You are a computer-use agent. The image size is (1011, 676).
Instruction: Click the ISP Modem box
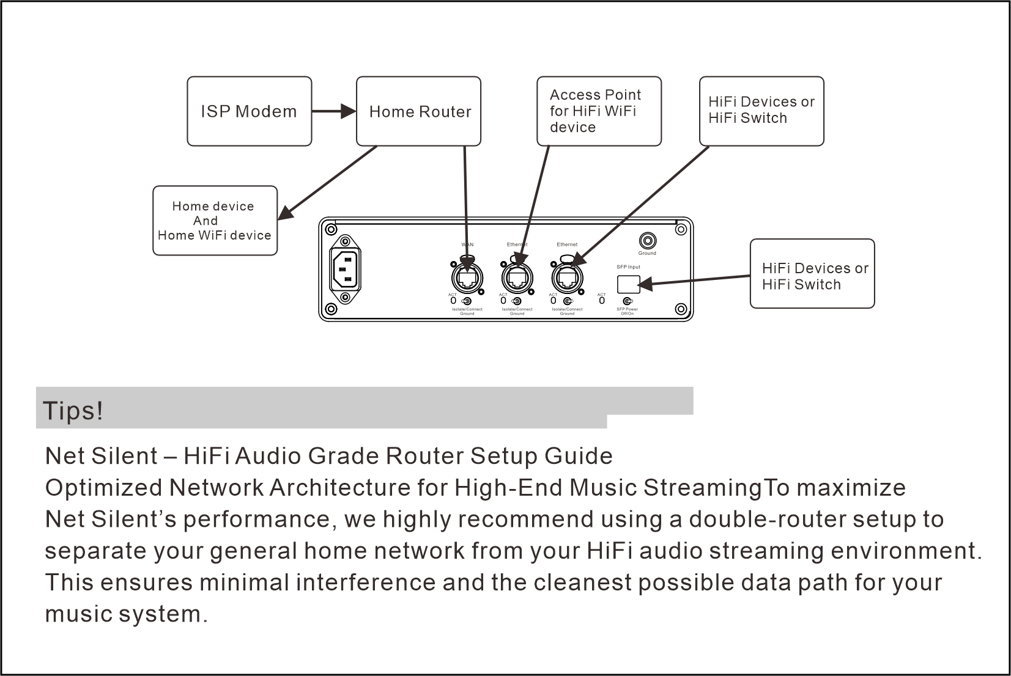249,111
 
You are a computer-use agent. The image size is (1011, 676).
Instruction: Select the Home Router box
418,111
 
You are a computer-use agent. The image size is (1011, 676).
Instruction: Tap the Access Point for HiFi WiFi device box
599,111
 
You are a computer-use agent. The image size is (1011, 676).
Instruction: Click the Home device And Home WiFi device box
215,221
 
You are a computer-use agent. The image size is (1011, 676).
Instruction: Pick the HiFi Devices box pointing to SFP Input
812,274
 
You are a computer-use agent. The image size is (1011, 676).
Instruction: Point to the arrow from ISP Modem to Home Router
334,111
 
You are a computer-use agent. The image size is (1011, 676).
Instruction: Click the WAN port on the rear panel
467,279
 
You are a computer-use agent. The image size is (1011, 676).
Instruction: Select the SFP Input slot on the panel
629,284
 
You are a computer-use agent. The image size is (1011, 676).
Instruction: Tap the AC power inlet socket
346,269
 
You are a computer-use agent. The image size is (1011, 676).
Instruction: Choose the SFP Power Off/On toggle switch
628,301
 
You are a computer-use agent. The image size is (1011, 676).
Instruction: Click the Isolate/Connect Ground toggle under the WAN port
467,301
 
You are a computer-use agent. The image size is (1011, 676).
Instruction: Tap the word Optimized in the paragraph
103,488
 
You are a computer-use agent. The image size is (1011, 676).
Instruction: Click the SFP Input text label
628,267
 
